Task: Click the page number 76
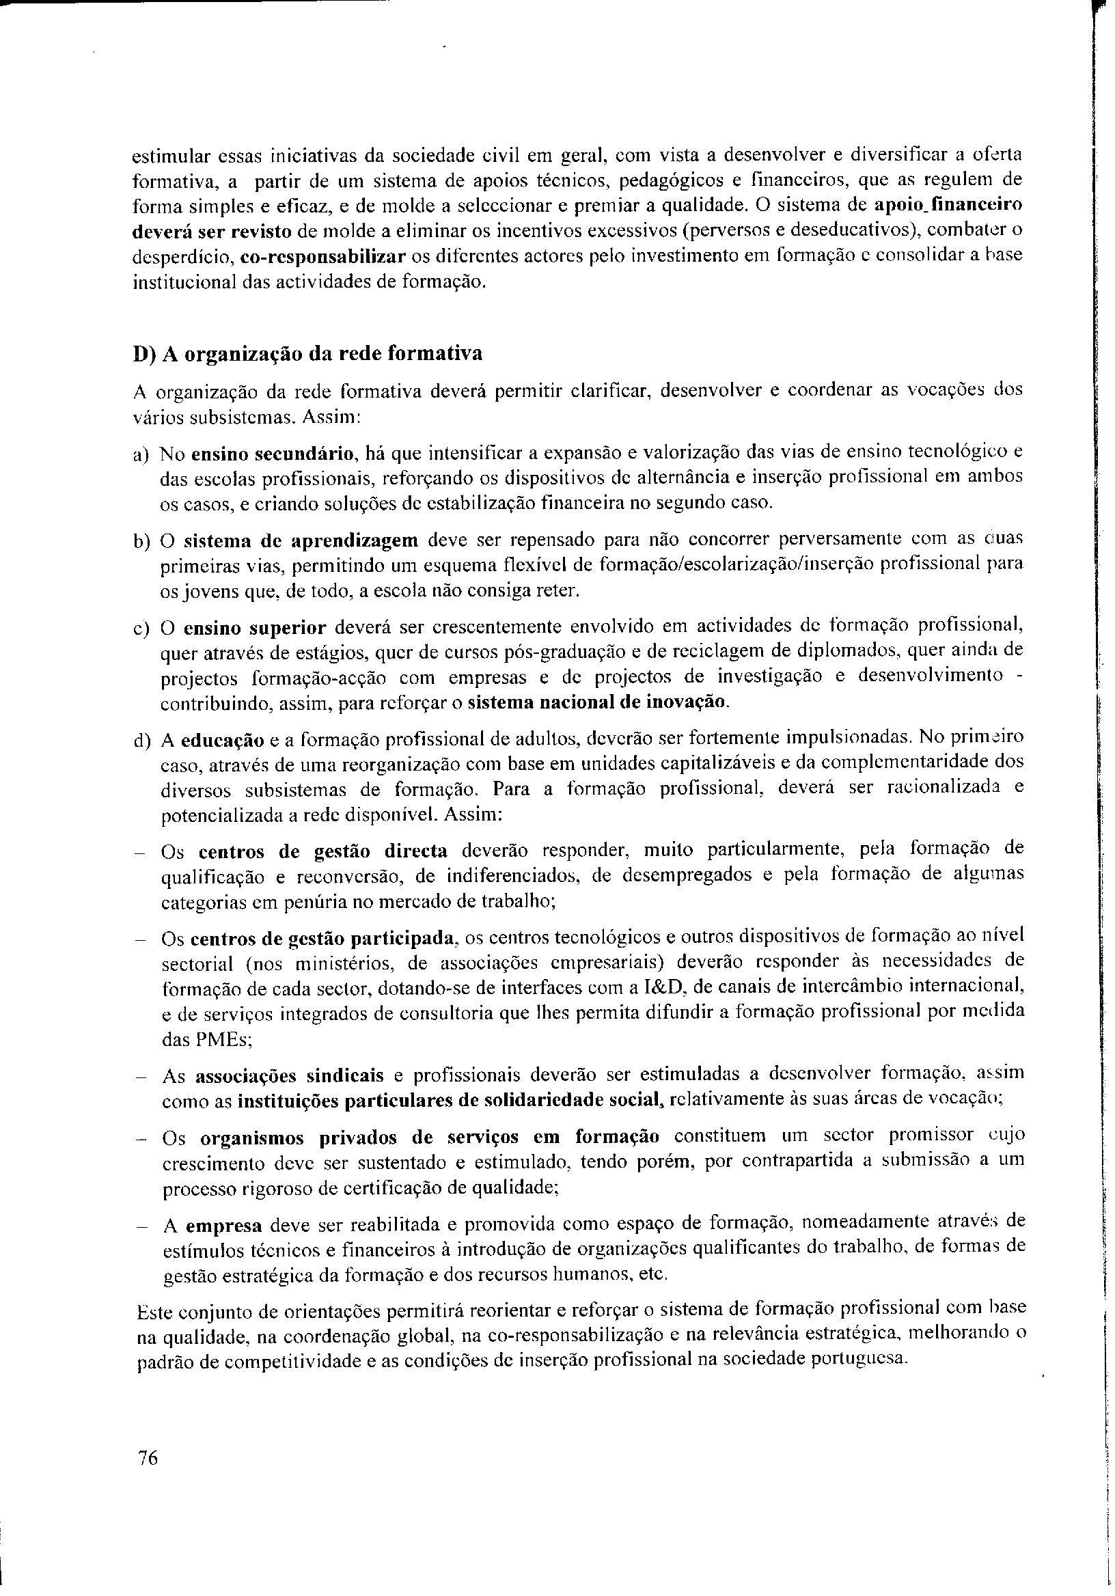pyautogui.click(x=149, y=1458)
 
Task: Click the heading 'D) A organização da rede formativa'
pyautogui.click(x=307, y=353)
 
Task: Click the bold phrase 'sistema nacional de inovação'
pyautogui.click(x=598, y=702)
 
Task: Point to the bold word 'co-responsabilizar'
pyautogui.click(x=322, y=256)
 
